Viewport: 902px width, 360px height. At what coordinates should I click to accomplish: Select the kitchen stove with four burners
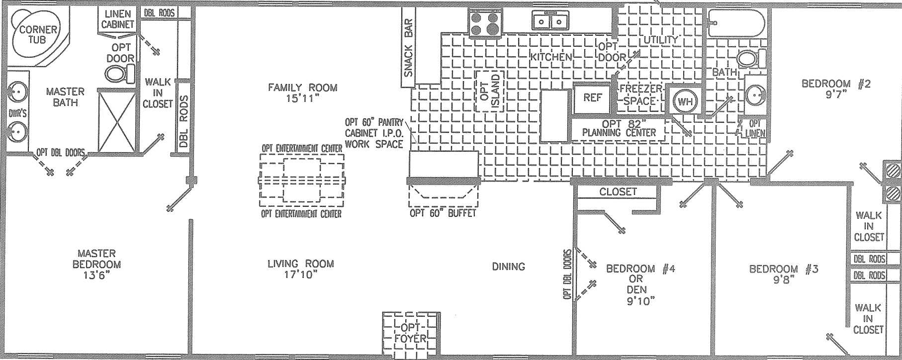484,23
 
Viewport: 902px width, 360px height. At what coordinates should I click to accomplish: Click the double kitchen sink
550,21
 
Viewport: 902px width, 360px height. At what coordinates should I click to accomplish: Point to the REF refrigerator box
592,98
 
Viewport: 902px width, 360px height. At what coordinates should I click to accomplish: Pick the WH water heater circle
685,102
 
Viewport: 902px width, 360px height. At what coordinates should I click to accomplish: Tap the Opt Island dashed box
489,91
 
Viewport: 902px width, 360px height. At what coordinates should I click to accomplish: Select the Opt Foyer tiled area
411,334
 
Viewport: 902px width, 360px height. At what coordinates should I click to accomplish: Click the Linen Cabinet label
117,19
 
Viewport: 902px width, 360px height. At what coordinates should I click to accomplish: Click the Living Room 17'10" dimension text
300,274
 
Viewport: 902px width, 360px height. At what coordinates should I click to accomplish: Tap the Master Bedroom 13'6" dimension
96,274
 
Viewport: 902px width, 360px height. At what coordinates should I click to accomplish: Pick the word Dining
508,267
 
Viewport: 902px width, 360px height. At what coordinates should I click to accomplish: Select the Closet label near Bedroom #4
618,191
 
